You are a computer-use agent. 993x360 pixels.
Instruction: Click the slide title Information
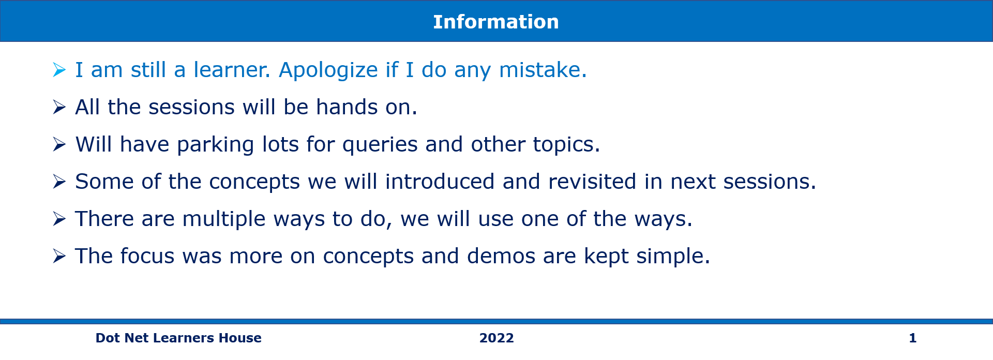[496, 22]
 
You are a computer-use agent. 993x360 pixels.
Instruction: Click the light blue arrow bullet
[59, 70]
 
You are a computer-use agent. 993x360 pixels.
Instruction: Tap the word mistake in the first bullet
[540, 70]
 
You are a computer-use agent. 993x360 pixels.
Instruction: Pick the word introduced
[440, 182]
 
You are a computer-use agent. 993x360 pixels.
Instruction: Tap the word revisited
[592, 182]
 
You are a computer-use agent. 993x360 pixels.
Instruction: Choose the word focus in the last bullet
[147, 256]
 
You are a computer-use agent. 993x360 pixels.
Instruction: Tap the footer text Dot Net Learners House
[178, 338]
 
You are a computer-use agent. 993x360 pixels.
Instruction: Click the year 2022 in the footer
[496, 338]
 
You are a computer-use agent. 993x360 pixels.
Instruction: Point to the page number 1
[913, 338]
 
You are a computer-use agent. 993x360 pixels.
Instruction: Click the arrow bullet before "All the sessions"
[59, 107]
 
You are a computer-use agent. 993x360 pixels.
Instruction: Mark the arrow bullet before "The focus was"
[59, 256]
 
